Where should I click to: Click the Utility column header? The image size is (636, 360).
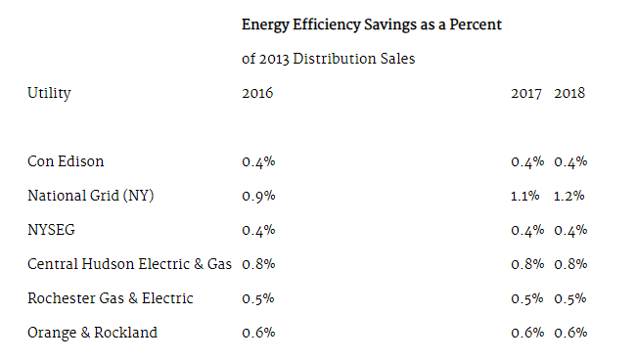(x=49, y=93)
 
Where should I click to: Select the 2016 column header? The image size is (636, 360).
(x=257, y=93)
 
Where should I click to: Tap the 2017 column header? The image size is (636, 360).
(x=526, y=93)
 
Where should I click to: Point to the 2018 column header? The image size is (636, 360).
(x=569, y=93)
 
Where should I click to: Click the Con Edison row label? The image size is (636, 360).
(x=66, y=161)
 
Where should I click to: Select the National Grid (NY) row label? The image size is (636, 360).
(x=91, y=196)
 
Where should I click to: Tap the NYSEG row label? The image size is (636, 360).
(x=51, y=230)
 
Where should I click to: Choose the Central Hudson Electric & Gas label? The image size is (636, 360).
(x=129, y=264)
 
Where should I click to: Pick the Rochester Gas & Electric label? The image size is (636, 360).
(x=111, y=298)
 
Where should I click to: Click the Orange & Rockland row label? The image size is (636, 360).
(x=92, y=333)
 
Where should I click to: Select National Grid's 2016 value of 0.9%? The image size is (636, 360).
(x=258, y=197)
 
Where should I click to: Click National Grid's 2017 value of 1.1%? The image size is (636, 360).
(x=525, y=197)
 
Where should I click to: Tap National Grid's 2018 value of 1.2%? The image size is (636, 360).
(x=569, y=197)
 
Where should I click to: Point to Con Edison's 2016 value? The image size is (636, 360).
(x=258, y=161)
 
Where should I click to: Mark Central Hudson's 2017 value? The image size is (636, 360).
(x=527, y=264)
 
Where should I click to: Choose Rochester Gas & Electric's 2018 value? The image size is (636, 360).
(x=570, y=298)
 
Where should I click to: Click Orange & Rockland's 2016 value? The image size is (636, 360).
(x=258, y=333)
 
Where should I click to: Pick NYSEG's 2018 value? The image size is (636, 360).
(x=570, y=230)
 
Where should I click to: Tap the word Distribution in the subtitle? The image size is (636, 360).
(x=335, y=59)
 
